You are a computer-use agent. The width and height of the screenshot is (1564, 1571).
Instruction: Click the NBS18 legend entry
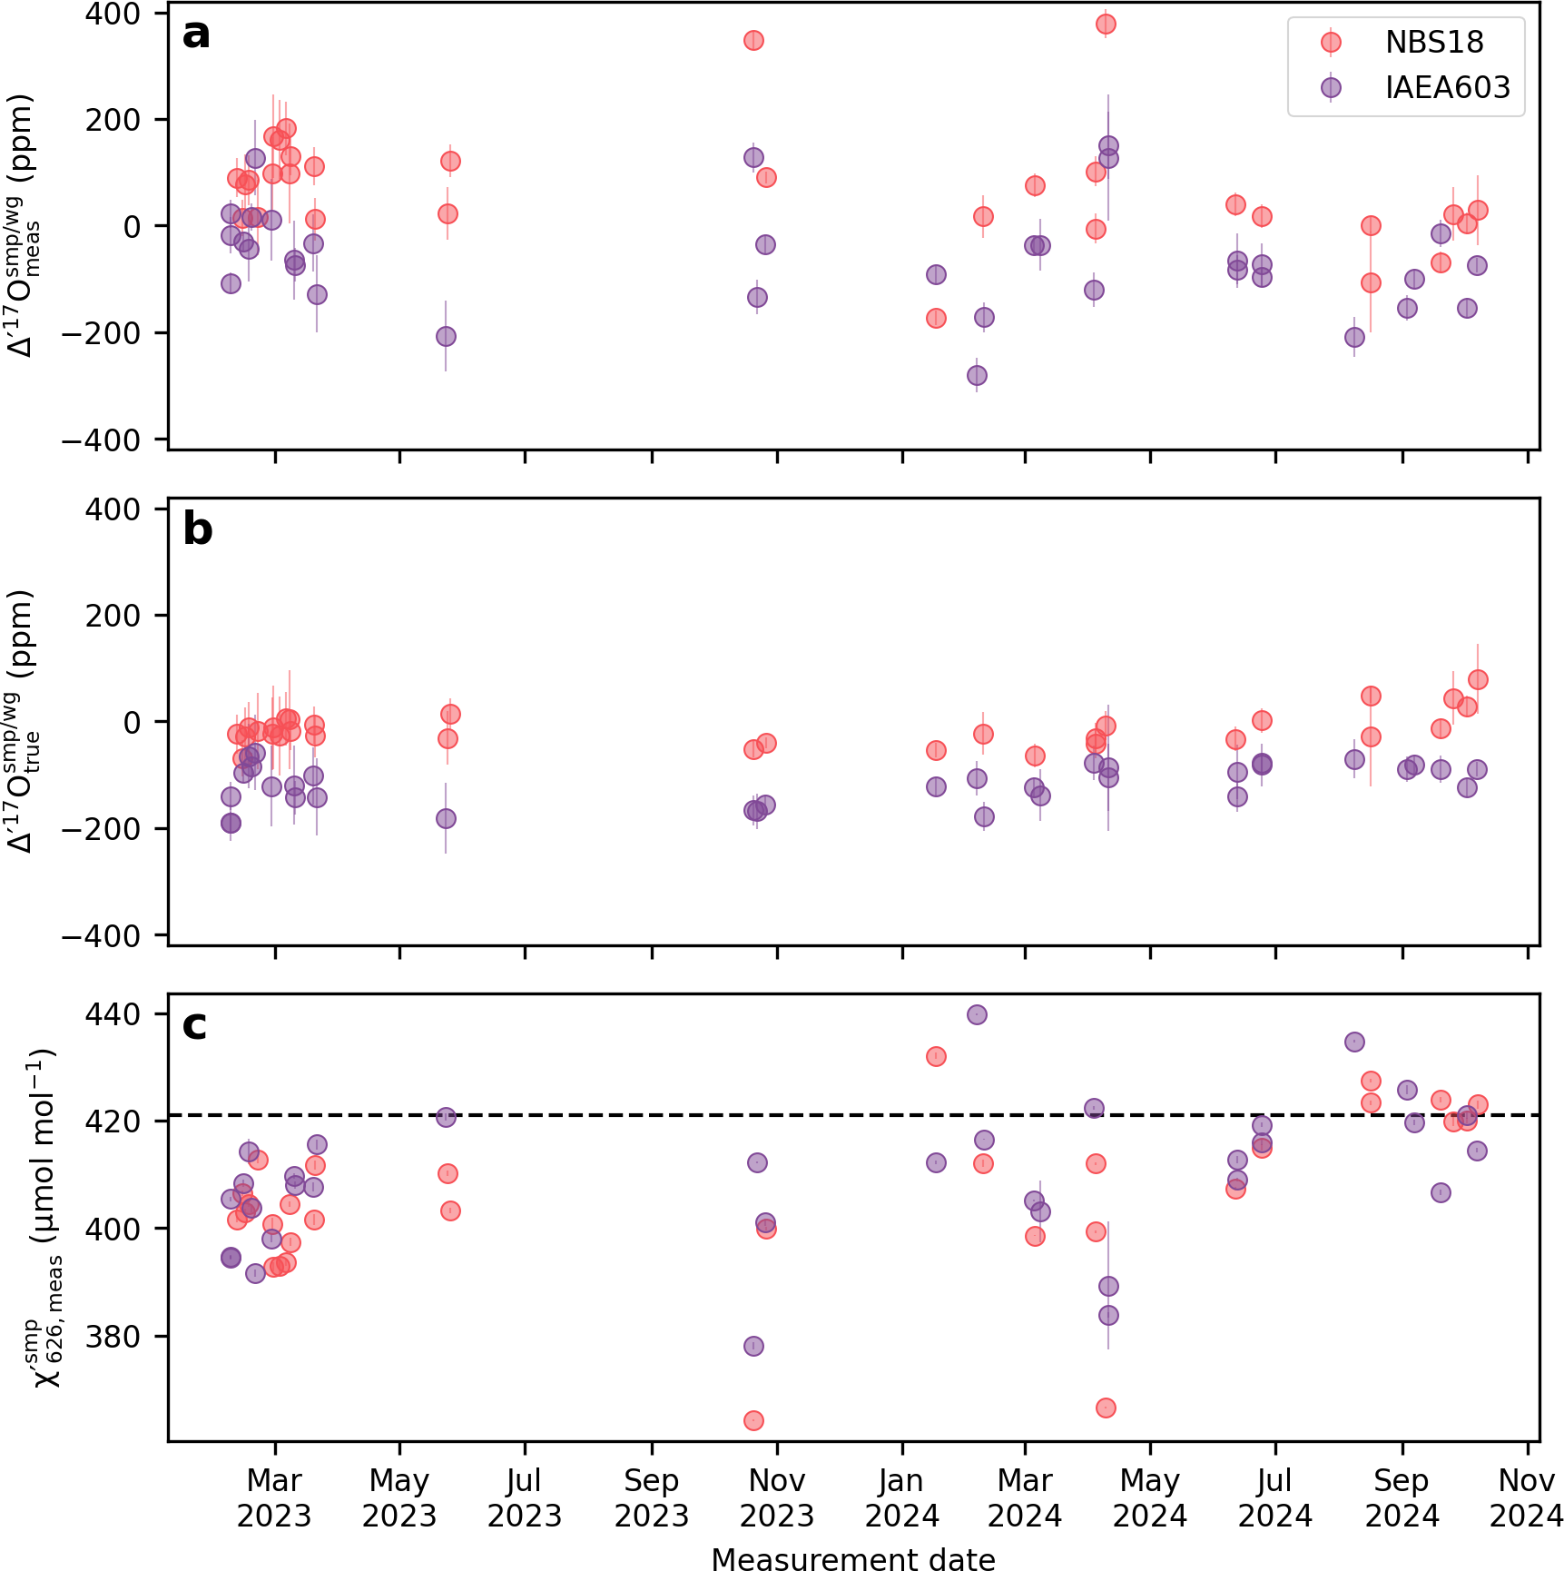[1433, 43]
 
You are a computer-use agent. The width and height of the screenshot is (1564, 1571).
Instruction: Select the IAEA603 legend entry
[1447, 88]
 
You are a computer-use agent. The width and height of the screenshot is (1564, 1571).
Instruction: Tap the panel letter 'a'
[196, 35]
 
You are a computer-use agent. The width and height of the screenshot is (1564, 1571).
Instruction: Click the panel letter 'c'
[194, 1025]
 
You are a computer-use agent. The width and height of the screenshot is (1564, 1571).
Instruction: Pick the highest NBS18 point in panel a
[1105, 24]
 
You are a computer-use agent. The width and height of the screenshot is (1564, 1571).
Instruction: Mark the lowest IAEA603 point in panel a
[977, 375]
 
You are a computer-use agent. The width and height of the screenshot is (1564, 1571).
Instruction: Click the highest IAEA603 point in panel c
[977, 1014]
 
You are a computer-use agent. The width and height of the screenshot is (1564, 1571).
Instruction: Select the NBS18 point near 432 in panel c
[936, 1056]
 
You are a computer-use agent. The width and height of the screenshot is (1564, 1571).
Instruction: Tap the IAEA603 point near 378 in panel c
[753, 1346]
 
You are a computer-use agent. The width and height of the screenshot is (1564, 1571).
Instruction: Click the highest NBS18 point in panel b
[1478, 679]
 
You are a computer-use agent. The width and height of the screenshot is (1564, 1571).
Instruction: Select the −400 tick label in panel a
[102, 440]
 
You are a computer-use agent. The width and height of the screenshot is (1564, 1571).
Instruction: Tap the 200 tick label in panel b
[113, 616]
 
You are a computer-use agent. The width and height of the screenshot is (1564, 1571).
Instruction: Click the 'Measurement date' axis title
[853, 1558]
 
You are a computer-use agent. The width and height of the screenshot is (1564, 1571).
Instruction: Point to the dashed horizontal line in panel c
[635, 1115]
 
